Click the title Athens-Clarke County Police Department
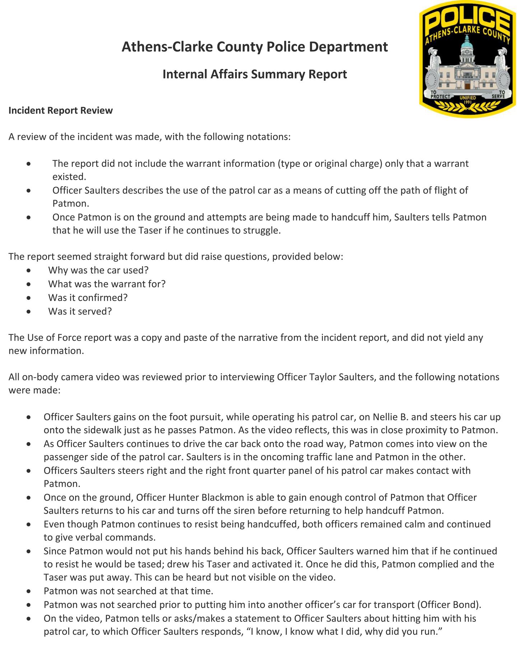[255, 47]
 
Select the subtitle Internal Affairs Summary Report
[255, 74]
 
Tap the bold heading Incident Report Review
[61, 111]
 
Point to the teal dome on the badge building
[467, 43]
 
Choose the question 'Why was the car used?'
[98, 270]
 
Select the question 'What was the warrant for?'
[107, 284]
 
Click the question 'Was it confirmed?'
[88, 298]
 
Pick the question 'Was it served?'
[80, 311]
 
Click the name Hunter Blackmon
[199, 498]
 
